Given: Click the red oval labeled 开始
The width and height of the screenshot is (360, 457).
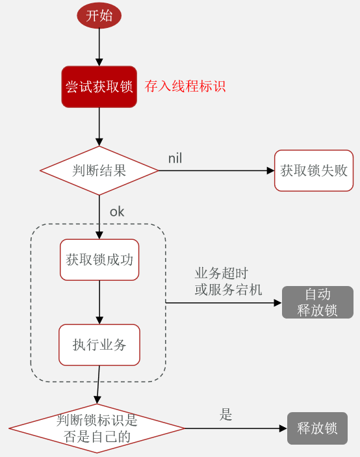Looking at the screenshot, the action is coord(99,16).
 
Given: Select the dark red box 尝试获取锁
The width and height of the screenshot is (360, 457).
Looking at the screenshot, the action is coord(99,87).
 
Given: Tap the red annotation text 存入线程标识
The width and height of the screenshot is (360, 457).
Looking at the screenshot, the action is coord(185,86).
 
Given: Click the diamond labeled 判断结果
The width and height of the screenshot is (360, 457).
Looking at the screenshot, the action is coord(99,170).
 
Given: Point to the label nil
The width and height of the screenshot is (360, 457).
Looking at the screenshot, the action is coord(175,159).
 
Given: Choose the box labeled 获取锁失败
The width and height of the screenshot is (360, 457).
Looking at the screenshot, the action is coord(314,170).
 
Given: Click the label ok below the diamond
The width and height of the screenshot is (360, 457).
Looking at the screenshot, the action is coord(117,212).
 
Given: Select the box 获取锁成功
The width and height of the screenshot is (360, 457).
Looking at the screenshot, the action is coord(99,259).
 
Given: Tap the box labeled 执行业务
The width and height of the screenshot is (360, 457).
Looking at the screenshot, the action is coord(99,345).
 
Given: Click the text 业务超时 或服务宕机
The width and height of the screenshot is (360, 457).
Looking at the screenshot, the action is coord(228,281).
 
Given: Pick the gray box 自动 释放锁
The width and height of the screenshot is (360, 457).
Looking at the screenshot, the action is coord(318,302).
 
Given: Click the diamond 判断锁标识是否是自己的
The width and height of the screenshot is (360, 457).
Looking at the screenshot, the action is coord(97,428).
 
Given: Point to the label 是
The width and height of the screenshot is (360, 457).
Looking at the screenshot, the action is coord(225,415).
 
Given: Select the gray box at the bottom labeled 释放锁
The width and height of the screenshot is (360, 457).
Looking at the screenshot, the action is coord(317,428).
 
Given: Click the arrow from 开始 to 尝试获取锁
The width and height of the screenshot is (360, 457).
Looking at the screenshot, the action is coord(99,47).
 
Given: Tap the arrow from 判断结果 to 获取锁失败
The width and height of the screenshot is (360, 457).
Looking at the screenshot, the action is coord(216,170).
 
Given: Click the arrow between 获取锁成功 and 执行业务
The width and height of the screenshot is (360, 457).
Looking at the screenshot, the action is coord(99,302).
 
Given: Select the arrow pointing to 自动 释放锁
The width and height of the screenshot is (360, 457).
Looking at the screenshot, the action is coord(224,303).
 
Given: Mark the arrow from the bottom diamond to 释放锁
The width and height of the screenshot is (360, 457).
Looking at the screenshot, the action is coord(236,428).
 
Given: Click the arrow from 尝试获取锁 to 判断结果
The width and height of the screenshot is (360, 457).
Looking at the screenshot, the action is coord(99,127).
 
